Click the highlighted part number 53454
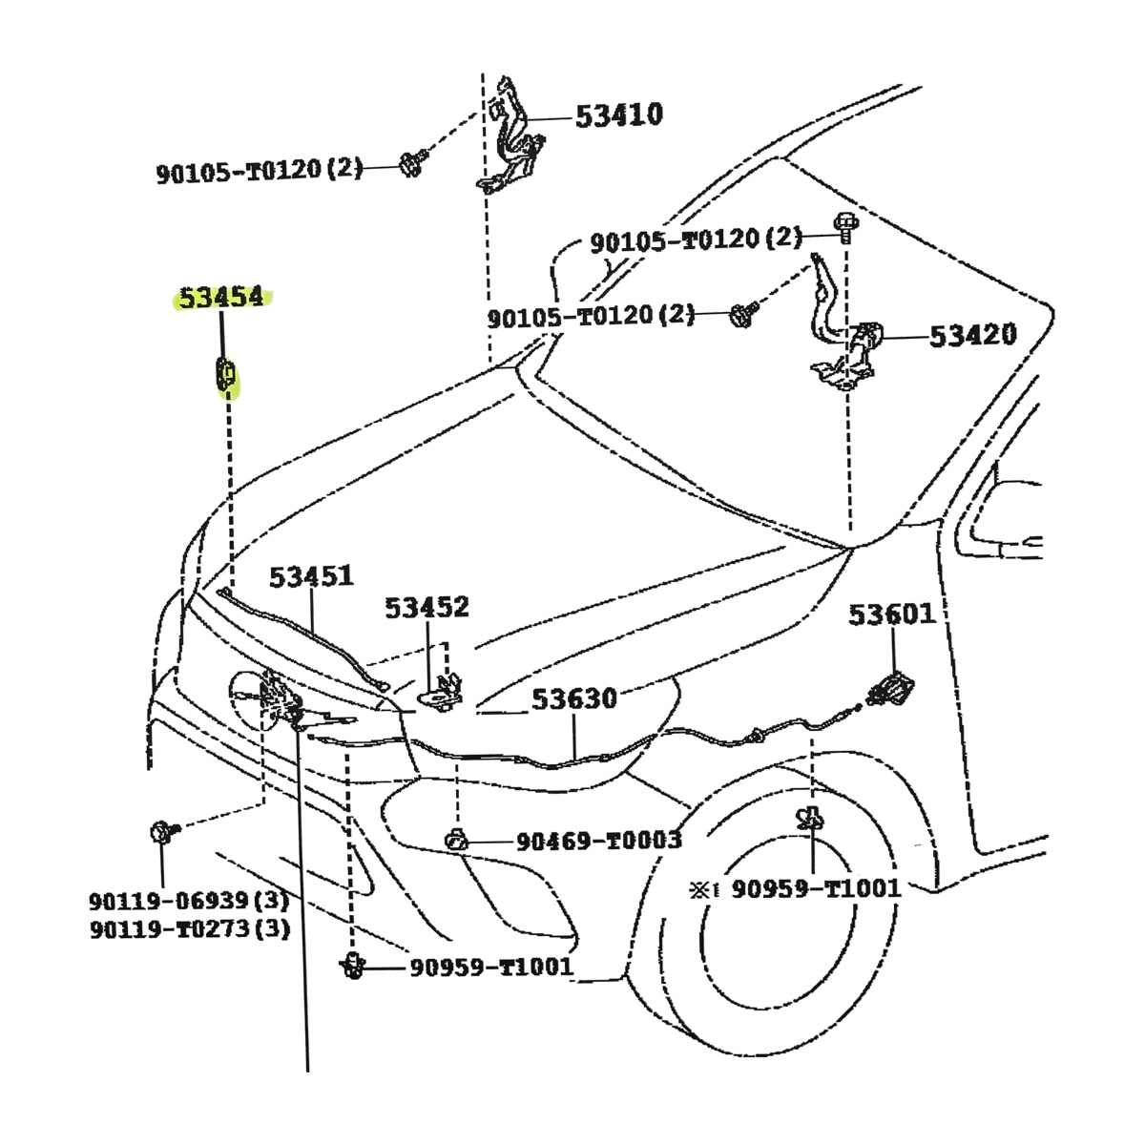[221, 298]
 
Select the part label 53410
[618, 115]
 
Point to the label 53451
[311, 577]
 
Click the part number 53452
[427, 608]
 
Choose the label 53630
[574, 699]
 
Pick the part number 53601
[892, 615]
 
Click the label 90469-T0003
[599, 841]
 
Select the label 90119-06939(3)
[189, 900]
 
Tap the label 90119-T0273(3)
[189, 928]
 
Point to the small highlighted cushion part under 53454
[225, 373]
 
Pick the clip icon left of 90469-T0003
[455, 841]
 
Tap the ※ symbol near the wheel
[701, 889]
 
